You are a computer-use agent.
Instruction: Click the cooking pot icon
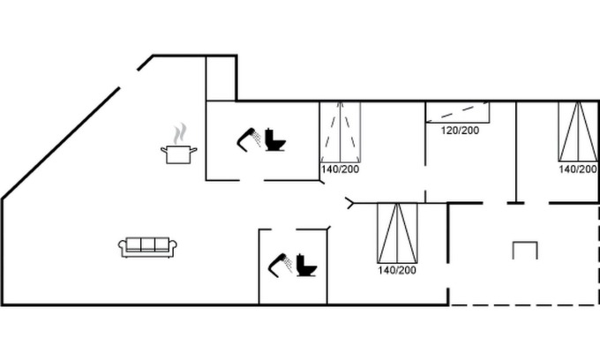[179, 154]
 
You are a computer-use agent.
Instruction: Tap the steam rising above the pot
[179, 133]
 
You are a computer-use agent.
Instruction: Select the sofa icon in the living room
[147, 247]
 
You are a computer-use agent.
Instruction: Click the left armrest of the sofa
[122, 248]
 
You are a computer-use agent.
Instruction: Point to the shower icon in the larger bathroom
[249, 139]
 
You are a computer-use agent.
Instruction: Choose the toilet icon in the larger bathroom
[275, 139]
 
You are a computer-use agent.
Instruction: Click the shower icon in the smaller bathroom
[281, 265]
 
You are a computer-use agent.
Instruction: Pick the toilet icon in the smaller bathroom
[307, 265]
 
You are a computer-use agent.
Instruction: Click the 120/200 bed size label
[460, 131]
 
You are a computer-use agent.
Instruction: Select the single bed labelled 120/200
[458, 112]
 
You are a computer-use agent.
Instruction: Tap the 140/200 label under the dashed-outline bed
[341, 169]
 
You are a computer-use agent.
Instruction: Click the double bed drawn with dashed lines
[341, 132]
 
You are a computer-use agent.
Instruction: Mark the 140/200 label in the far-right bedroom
[578, 169]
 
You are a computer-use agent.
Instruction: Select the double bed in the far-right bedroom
[578, 131]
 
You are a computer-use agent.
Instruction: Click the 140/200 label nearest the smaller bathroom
[397, 270]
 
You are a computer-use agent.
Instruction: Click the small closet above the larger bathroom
[221, 79]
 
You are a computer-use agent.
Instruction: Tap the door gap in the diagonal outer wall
[129, 79]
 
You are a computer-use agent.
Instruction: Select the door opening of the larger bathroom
[251, 180]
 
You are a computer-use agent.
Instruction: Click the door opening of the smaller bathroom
[284, 229]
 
